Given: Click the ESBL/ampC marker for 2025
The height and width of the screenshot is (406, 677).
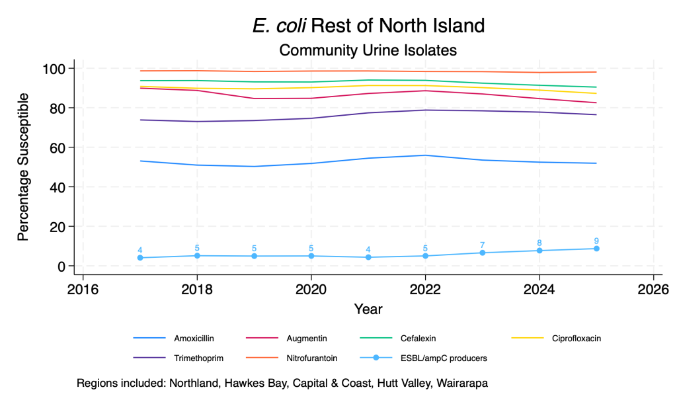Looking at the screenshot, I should [596, 249].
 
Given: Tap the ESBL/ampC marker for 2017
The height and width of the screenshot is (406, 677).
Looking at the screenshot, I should [140, 258].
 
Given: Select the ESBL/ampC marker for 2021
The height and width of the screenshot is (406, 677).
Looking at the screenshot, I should [368, 257].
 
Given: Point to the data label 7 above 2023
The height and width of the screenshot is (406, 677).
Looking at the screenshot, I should [483, 245].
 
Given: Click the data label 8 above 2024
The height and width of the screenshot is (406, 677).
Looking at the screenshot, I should [539, 243].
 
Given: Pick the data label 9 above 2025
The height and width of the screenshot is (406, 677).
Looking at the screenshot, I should [596, 241].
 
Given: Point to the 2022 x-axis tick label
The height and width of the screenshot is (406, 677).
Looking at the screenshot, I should [425, 289].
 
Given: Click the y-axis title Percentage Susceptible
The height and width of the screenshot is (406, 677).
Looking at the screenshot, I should [23, 167].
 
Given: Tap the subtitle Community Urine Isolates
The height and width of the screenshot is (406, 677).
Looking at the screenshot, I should [368, 50].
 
